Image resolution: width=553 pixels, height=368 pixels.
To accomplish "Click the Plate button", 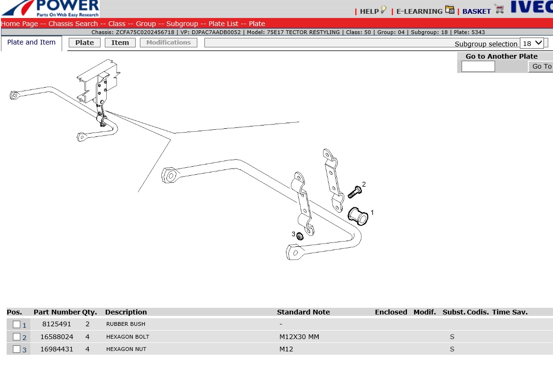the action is click(84, 43).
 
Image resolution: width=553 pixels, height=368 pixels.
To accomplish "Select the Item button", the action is click(120, 43).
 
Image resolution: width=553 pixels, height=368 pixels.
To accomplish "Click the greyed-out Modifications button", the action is click(168, 42).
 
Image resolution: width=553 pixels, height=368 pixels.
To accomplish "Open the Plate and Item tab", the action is click(31, 42).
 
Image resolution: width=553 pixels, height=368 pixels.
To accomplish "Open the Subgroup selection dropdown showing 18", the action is click(532, 43).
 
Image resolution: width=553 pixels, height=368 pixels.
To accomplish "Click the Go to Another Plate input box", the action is click(478, 66).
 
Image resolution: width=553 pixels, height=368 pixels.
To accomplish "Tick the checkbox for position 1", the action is click(16, 324).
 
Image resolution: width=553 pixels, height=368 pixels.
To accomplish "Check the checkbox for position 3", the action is click(16, 349).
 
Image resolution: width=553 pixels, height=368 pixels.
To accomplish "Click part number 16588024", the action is click(57, 337).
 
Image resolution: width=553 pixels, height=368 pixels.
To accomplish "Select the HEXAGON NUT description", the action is click(126, 349).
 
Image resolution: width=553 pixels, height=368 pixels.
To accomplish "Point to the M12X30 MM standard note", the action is click(299, 337).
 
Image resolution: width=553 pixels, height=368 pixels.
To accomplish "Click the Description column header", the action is click(126, 312).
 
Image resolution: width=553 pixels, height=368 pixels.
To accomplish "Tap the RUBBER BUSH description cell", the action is click(126, 324).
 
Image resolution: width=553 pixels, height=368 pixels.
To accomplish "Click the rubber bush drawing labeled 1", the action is click(358, 216).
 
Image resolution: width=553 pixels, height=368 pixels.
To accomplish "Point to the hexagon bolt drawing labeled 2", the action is click(355, 192).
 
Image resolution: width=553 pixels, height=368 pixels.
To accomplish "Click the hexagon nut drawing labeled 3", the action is click(300, 236).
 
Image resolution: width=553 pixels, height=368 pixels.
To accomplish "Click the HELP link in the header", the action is click(369, 11).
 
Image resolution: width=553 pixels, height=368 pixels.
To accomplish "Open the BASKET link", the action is click(477, 11).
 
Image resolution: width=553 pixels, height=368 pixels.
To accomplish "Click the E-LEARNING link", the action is click(419, 11).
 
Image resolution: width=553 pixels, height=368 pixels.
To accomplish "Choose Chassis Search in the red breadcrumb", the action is click(73, 24).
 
